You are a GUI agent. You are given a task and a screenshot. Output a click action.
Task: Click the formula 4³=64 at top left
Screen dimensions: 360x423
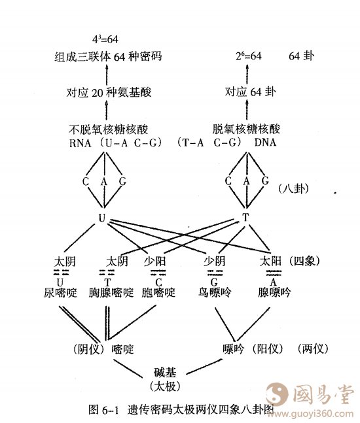[x=105, y=39]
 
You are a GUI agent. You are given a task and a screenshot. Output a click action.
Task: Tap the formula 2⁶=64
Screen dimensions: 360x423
[x=249, y=56]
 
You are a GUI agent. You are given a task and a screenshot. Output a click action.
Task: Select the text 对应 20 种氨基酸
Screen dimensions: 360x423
[x=109, y=93]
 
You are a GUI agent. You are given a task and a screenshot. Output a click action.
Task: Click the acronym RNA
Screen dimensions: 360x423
[x=81, y=143]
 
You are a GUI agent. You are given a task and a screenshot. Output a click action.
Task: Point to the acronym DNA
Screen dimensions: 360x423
[x=265, y=142]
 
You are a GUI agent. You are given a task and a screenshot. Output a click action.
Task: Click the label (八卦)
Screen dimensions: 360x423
[x=294, y=188]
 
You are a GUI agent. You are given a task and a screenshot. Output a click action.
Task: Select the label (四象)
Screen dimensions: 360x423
[x=305, y=261]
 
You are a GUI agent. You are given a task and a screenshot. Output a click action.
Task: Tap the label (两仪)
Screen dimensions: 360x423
[x=314, y=348]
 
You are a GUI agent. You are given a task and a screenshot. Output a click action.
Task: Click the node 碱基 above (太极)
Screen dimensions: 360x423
[x=166, y=373]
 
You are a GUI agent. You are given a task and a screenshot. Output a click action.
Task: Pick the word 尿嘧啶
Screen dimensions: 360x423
[x=60, y=292]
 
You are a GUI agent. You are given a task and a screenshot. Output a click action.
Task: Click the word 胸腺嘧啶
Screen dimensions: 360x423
[x=111, y=292]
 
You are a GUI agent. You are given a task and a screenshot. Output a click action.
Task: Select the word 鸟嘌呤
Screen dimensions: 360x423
[x=215, y=292]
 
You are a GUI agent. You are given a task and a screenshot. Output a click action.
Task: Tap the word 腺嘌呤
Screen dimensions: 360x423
[x=274, y=292]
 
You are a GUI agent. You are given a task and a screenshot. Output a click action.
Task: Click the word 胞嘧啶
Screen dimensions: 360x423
[x=158, y=292]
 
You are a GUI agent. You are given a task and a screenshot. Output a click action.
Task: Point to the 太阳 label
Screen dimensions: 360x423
[x=270, y=261]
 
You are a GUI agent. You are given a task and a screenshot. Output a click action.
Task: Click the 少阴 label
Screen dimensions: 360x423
[x=215, y=261]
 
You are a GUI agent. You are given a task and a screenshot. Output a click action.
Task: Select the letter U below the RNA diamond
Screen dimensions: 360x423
[x=102, y=218]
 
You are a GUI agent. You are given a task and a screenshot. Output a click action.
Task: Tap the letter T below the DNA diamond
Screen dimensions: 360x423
[x=245, y=217]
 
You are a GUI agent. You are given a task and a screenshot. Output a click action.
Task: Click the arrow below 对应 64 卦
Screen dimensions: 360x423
[x=247, y=110]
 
